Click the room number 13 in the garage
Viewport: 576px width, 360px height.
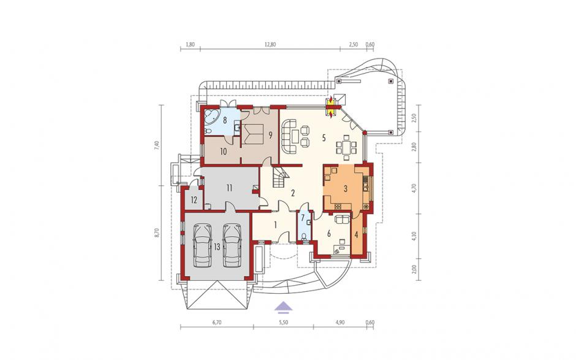tap(217, 247)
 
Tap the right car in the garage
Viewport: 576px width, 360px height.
tap(232, 245)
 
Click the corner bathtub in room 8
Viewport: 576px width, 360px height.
tap(210, 117)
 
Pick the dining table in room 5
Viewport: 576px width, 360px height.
tap(346, 147)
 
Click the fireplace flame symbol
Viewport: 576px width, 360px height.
tap(332, 107)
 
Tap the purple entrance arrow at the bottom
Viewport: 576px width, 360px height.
tap(283, 307)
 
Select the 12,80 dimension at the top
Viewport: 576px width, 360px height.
tap(270, 45)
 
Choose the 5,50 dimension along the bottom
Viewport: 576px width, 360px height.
tap(283, 323)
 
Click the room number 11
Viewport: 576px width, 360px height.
tap(229, 188)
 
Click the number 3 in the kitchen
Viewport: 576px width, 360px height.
tap(346, 189)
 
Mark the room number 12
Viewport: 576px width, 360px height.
tap(194, 201)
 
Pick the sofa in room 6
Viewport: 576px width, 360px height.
tap(343, 219)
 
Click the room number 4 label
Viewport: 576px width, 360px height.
tap(356, 233)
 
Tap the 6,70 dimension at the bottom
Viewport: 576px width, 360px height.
tap(217, 323)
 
